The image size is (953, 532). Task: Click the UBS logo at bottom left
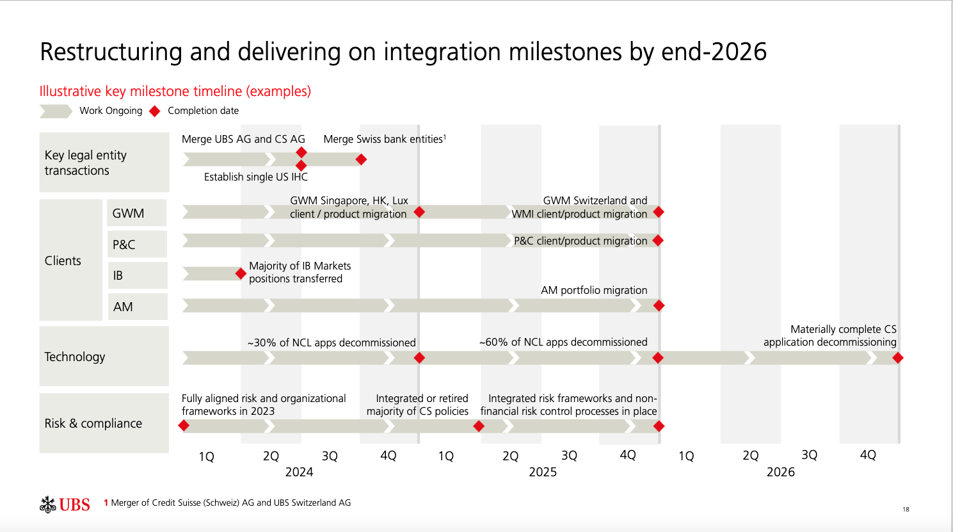(65, 504)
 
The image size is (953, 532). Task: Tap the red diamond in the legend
(154, 111)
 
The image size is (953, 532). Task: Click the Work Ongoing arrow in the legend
(56, 111)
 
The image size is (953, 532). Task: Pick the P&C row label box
(136, 245)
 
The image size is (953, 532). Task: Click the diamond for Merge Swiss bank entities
(361, 159)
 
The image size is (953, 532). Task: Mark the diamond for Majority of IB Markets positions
(241, 274)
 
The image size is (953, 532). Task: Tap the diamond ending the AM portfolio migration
(659, 306)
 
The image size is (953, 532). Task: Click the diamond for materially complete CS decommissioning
(898, 358)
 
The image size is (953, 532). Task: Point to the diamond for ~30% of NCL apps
(419, 358)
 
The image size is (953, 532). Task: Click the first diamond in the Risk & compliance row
(184, 426)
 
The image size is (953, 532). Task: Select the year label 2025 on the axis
(543, 472)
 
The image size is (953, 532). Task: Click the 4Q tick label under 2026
(868, 455)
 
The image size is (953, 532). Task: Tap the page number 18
(906, 510)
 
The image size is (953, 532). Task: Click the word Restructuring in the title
(111, 52)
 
